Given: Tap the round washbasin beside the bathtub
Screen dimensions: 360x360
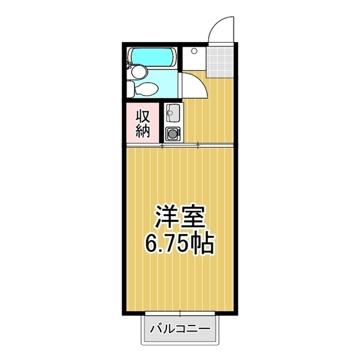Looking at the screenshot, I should click(138, 71).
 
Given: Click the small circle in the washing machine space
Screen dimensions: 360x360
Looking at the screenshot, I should click(193, 51).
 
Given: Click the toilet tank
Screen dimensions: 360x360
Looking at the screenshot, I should click(130, 89).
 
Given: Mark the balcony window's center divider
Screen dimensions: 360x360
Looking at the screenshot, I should click(180, 313).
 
